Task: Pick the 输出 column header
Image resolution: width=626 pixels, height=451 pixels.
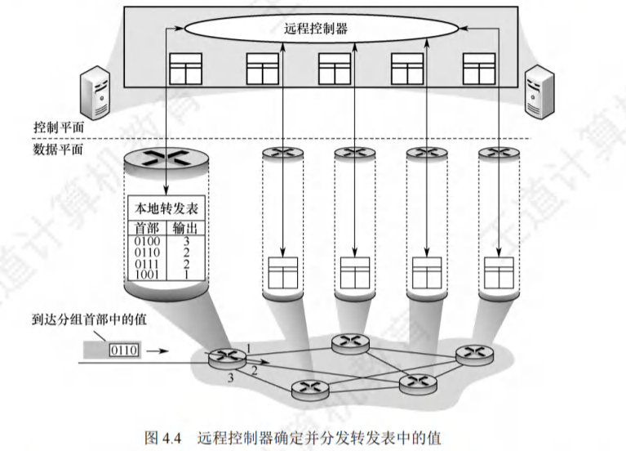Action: pyautogui.click(x=187, y=225)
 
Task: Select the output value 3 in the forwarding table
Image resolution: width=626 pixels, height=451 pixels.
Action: pyautogui.click(x=187, y=242)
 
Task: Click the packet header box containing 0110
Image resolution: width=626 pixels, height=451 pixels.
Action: pyautogui.click(x=124, y=351)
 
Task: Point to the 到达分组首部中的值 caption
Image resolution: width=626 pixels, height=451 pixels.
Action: pyautogui.click(x=89, y=320)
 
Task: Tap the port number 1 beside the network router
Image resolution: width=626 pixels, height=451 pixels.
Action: pyautogui.click(x=248, y=349)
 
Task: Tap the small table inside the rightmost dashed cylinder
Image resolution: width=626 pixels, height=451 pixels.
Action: pyautogui.click(x=498, y=270)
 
